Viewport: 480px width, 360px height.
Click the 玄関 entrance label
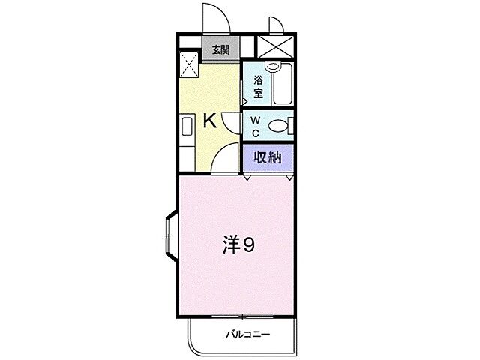220,51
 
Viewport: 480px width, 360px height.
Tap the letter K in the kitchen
211,121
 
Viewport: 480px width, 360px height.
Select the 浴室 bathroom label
257,87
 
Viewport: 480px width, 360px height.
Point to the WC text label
255,126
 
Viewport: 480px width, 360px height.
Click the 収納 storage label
267,157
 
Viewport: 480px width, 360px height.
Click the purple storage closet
267,157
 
